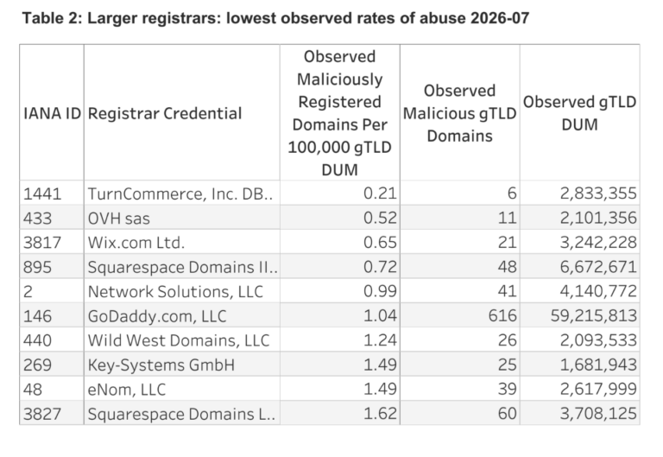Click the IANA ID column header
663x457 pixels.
[x=52, y=113]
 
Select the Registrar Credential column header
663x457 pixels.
[x=165, y=113]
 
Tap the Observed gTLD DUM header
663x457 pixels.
[x=579, y=113]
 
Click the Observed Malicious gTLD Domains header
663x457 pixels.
[x=459, y=113]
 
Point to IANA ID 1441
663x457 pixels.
[x=42, y=194]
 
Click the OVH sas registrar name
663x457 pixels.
[x=119, y=219]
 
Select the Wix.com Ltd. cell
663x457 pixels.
[x=136, y=243]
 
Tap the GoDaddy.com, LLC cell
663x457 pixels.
[x=157, y=316]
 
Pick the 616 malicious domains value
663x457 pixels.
[x=502, y=315]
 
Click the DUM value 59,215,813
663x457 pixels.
[x=594, y=315]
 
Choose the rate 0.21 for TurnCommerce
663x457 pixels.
[x=380, y=194]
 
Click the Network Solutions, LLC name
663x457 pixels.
[x=175, y=291]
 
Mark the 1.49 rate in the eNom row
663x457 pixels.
[x=380, y=389]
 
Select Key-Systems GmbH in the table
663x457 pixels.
[x=161, y=365]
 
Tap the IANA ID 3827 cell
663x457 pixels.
[x=42, y=414]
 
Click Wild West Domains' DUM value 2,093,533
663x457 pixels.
[x=598, y=340]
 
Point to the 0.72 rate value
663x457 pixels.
[x=380, y=267]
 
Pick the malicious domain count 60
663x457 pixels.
[x=507, y=414]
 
